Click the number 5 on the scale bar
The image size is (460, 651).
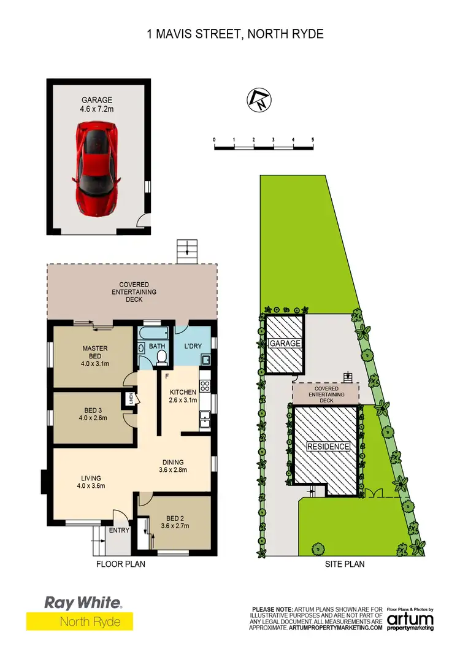click(x=313, y=140)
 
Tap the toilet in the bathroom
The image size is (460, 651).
click(x=161, y=358)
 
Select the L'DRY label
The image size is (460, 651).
click(x=193, y=346)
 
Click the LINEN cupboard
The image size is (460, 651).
click(x=130, y=399)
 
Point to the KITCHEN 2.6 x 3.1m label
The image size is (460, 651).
click(x=183, y=396)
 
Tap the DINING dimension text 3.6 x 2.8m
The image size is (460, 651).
click(x=173, y=471)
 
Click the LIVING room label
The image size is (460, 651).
click(x=90, y=478)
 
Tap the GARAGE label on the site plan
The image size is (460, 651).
click(x=285, y=343)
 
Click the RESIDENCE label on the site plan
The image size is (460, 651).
click(x=328, y=447)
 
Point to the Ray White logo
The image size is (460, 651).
click(x=83, y=603)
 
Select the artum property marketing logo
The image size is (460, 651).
click(x=410, y=620)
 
